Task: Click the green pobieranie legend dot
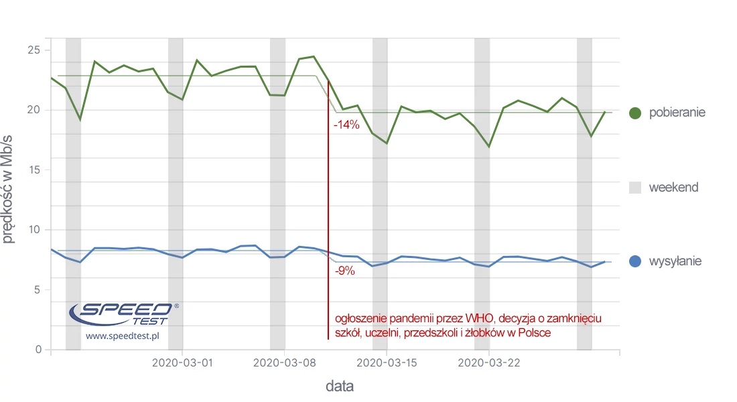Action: tap(636, 113)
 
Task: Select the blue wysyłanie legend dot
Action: tap(636, 261)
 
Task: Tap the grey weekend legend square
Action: tap(636, 188)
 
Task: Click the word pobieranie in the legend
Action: tap(677, 113)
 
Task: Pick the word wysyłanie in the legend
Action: tap(675, 261)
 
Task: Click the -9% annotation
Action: tap(345, 272)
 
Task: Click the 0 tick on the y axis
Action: tap(38, 350)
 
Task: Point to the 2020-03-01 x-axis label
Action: tap(182, 363)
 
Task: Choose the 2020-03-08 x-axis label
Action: tap(285, 363)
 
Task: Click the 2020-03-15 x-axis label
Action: tap(388, 363)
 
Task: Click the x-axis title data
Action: tap(340, 386)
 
